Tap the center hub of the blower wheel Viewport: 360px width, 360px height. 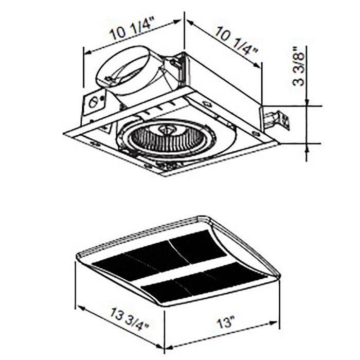pyautogui.click(x=166, y=131)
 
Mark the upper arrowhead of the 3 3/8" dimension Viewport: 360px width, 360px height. pyautogui.click(x=308, y=103)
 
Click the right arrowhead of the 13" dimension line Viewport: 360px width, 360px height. pyautogui.click(x=276, y=323)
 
